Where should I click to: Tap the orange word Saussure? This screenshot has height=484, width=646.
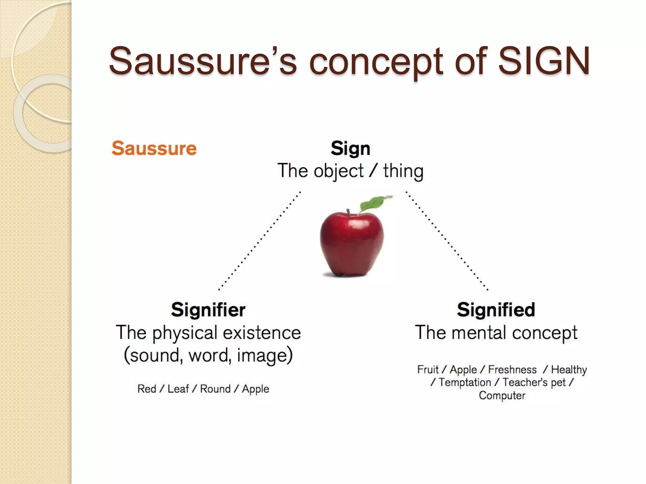point(154,148)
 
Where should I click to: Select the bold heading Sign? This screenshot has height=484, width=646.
point(350,148)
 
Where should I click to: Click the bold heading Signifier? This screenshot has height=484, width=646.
point(208,309)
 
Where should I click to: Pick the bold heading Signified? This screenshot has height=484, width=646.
point(496,309)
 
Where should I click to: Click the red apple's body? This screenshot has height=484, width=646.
point(352,243)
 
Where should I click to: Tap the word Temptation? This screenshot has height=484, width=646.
point(465,382)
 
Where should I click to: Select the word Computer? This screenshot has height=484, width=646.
point(502,395)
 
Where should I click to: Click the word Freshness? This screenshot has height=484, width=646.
point(512,369)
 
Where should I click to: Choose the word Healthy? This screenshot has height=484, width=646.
point(569,369)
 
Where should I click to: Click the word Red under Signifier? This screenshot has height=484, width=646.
point(147,389)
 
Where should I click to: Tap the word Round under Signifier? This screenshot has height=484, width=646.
point(215,389)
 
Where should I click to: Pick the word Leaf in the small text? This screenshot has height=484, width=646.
point(178,389)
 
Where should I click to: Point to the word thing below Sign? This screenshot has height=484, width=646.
point(403,171)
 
